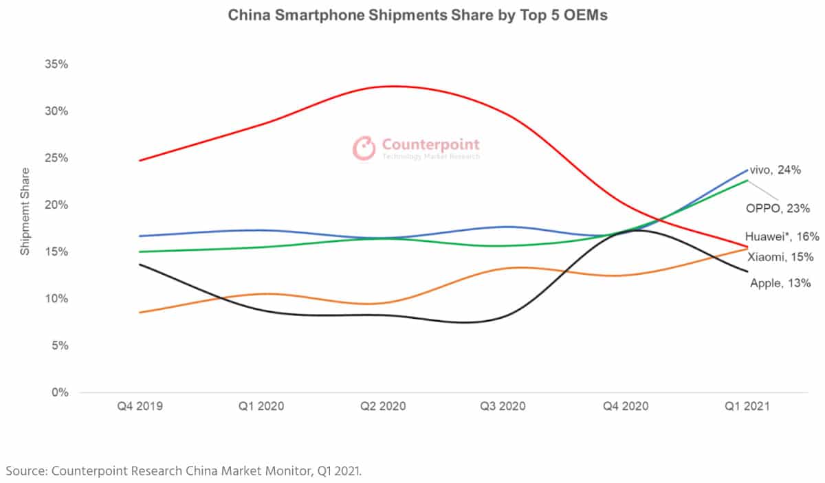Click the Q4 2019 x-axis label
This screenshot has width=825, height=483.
click(141, 406)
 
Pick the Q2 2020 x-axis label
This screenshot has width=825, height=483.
click(383, 406)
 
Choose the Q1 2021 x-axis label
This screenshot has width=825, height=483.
click(747, 406)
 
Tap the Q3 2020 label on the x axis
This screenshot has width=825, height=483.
click(503, 406)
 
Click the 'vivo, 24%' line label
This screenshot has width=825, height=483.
click(775, 170)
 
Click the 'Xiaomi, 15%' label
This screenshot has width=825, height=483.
click(781, 257)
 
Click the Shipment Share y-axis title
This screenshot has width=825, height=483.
click(25, 211)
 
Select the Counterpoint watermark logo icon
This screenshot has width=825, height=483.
click(364, 148)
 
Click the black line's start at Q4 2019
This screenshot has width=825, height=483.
click(141, 264)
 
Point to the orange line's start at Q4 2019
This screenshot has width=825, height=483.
click(141, 313)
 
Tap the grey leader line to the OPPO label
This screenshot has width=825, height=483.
click(760, 189)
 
